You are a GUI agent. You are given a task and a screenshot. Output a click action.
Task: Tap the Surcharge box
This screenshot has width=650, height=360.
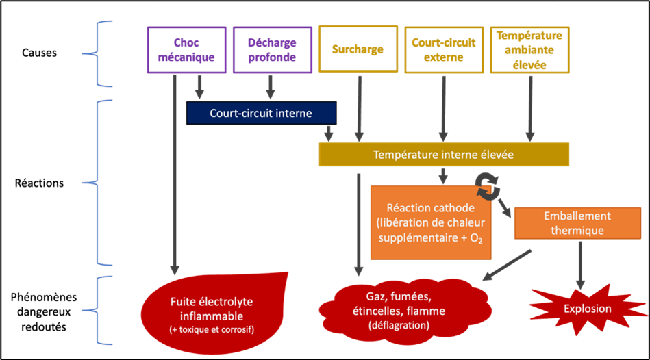point(358,49)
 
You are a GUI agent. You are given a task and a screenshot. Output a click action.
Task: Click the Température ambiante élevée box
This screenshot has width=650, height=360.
point(529,49)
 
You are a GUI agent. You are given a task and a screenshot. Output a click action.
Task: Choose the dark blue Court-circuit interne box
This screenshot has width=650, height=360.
point(261,114)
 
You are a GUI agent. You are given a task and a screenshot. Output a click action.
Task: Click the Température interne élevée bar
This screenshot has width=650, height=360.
point(443,155)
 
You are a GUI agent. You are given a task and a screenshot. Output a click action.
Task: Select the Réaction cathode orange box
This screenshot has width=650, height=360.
point(431,222)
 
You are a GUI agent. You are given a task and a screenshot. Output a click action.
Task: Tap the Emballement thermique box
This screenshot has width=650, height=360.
point(577,222)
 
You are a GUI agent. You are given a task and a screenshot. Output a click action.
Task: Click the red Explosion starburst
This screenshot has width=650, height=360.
point(587,309)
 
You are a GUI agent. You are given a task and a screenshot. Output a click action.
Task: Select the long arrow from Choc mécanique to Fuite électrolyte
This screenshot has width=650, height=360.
point(175,171)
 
